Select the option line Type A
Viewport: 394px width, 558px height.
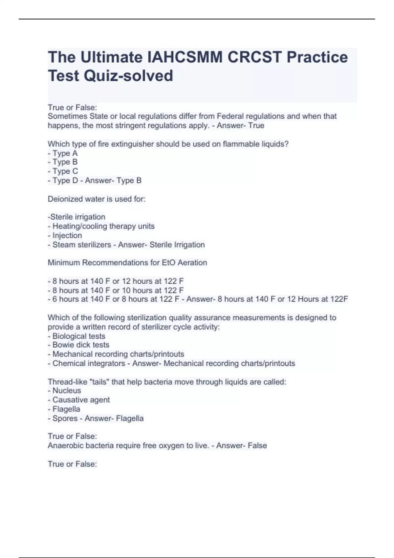(63, 153)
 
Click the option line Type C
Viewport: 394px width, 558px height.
(63, 171)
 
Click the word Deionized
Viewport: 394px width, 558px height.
(63, 199)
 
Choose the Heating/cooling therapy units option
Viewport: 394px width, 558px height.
(101, 226)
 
